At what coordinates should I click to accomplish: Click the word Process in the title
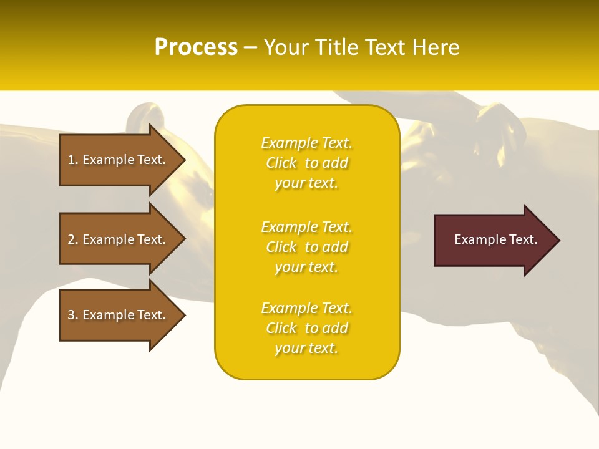196,47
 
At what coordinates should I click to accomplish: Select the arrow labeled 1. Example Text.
119,160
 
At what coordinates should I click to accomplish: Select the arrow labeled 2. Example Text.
119,239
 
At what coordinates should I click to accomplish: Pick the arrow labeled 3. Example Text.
119,315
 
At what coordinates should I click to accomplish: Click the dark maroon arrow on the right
493,240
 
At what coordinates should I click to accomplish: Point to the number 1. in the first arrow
73,160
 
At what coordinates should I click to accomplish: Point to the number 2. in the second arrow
73,239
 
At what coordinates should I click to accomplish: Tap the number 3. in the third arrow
73,315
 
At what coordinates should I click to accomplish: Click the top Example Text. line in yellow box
306,143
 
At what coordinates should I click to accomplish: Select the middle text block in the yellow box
306,247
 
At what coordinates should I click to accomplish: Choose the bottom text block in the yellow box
306,328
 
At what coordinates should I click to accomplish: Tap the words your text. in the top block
306,183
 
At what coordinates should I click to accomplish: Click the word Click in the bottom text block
281,328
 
